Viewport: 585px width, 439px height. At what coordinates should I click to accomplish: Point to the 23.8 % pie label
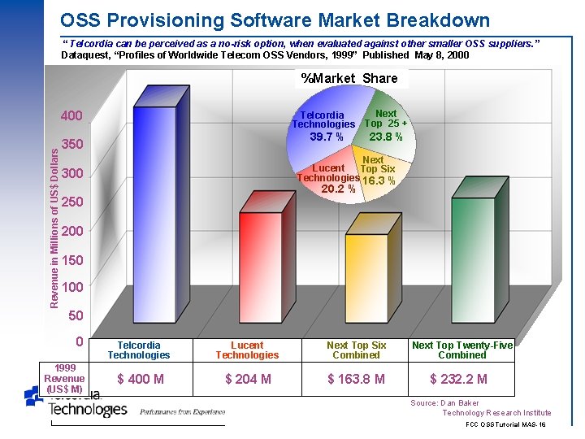[386, 137]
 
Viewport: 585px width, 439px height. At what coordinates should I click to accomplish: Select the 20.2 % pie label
[339, 189]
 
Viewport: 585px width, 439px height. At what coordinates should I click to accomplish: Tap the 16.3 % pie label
[379, 181]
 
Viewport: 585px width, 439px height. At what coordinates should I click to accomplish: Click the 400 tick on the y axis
[72, 116]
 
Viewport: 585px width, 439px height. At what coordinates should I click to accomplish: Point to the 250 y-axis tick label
[72, 202]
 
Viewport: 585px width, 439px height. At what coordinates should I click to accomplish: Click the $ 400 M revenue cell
[141, 379]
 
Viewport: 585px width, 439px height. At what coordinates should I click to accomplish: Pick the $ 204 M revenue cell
[248, 379]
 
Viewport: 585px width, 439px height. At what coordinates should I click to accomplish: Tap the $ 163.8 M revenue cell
[356, 379]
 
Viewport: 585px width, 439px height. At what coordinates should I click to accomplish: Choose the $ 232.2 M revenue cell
[459, 379]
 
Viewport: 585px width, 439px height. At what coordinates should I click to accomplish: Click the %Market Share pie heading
[349, 78]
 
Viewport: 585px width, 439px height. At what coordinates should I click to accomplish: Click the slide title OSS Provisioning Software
[275, 20]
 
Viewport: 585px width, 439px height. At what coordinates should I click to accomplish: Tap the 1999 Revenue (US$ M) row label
[64, 378]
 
